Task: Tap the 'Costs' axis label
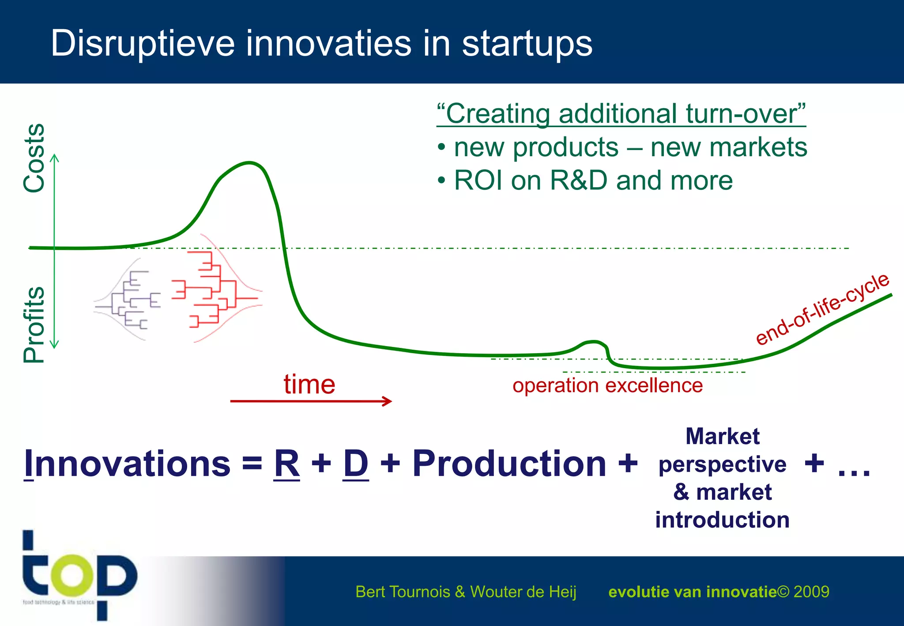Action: click(x=34, y=158)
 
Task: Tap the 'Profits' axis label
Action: click(x=34, y=325)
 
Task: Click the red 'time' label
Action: click(x=309, y=384)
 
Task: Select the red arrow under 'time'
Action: click(x=311, y=401)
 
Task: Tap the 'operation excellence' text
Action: click(x=607, y=385)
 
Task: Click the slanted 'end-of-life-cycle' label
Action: click(x=822, y=309)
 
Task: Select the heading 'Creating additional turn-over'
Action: click(x=621, y=114)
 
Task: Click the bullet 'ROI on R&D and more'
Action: click(x=593, y=181)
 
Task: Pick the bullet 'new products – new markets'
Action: click(x=630, y=147)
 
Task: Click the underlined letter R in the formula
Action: click(x=287, y=464)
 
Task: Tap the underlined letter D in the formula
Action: click(x=356, y=464)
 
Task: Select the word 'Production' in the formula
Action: click(x=509, y=464)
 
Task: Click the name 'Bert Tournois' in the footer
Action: click(x=402, y=592)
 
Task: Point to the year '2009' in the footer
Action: click(x=811, y=592)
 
